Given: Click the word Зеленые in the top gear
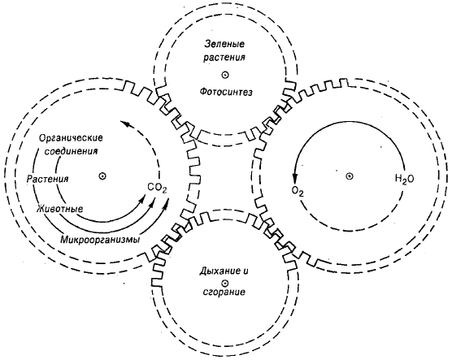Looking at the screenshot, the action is click(x=225, y=44).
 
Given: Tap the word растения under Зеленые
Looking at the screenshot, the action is click(x=224, y=57).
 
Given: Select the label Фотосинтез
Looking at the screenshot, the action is click(x=226, y=92).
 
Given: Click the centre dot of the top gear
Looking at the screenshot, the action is click(x=225, y=76).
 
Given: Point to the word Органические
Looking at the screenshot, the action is click(x=71, y=138).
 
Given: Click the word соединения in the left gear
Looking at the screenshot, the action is click(x=71, y=151).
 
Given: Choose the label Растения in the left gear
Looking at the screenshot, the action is click(x=48, y=179).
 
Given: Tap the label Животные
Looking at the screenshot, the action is click(x=60, y=208).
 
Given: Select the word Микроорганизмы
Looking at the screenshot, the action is click(x=100, y=240).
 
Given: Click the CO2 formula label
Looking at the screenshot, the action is click(x=157, y=189).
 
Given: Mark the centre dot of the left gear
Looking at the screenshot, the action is click(x=102, y=176).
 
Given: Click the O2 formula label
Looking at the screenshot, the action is click(x=298, y=191).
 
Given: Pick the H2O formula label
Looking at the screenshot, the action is click(x=404, y=179).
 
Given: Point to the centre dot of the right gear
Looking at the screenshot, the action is click(x=349, y=176).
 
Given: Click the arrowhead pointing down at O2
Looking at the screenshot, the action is click(x=294, y=178).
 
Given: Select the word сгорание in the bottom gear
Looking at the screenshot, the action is click(x=224, y=292).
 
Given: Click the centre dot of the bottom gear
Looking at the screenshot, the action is click(x=224, y=283).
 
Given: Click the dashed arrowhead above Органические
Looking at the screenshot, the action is click(x=125, y=124).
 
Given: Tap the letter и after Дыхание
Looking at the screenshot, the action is click(x=245, y=271).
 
